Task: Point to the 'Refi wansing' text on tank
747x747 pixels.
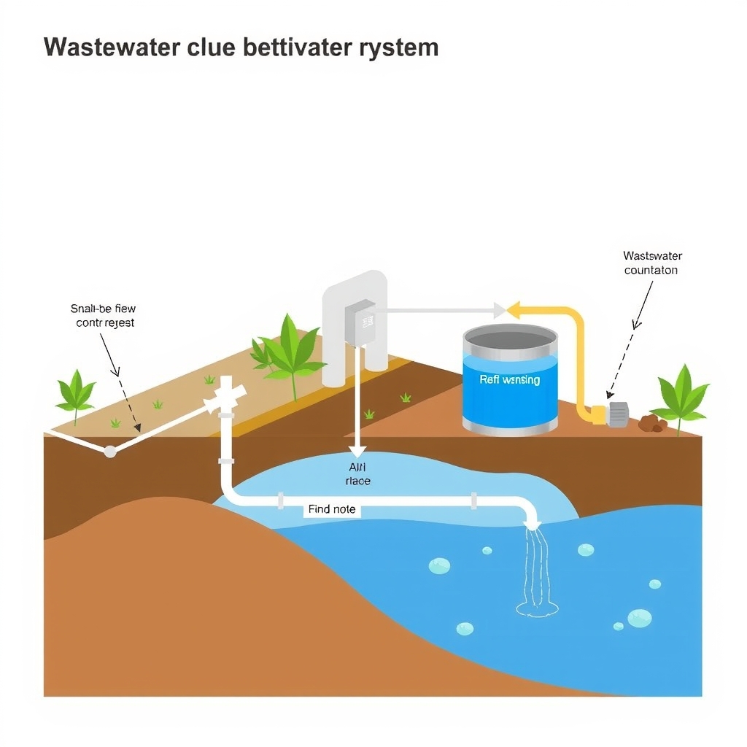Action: [x=510, y=379]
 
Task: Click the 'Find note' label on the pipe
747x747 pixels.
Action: [x=332, y=509]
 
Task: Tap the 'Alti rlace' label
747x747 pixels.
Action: [x=357, y=474]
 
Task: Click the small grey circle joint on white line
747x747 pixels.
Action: [x=110, y=452]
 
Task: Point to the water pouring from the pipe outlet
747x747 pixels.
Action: [x=537, y=569]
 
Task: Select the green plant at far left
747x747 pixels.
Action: [x=76, y=391]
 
